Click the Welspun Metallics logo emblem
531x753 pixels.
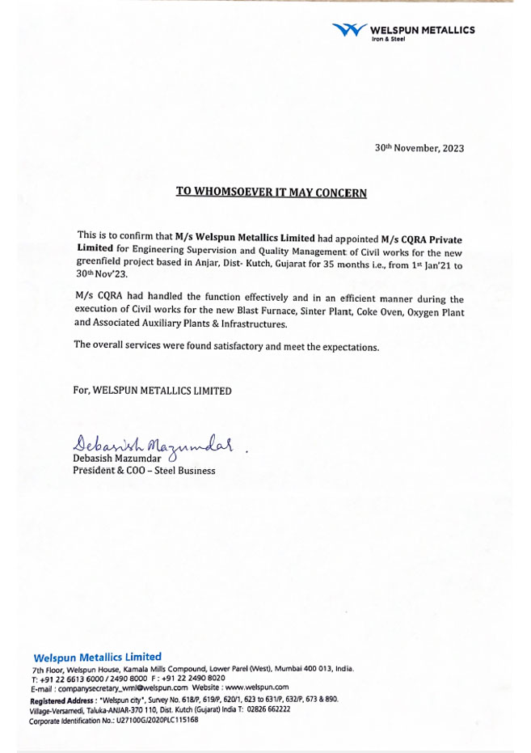point(349,31)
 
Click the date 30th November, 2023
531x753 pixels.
point(419,148)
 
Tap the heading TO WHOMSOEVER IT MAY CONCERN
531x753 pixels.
point(272,192)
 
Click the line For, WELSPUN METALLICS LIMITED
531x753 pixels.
point(152,391)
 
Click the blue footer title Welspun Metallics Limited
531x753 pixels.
point(97,657)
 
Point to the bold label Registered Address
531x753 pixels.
point(63,700)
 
